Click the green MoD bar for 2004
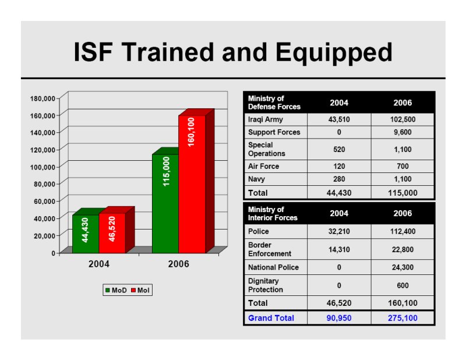click(x=86, y=234)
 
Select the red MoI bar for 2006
click(x=192, y=184)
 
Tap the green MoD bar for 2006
click(x=165, y=204)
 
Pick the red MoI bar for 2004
click(x=112, y=233)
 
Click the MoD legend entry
click(x=116, y=290)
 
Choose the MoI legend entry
click(x=140, y=290)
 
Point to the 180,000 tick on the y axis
click(x=43, y=98)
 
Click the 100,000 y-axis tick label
click(x=43, y=167)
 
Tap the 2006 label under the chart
click(x=178, y=264)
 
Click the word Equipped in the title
click(x=334, y=52)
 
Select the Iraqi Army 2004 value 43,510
click(x=339, y=119)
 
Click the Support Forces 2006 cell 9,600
click(x=403, y=132)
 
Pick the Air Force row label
click(x=264, y=166)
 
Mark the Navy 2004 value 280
click(x=339, y=179)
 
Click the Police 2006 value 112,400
click(x=403, y=231)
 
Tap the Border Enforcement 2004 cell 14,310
click(x=339, y=249)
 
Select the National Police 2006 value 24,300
click(x=403, y=267)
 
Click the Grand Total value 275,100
click(x=403, y=318)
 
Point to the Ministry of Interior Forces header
click(x=273, y=213)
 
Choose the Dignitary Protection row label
click(x=266, y=285)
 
